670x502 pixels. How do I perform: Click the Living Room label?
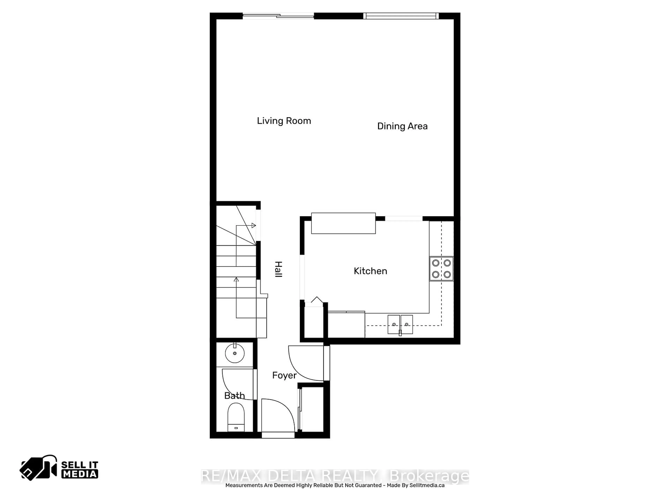pos(284,121)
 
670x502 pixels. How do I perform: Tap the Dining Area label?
pos(402,126)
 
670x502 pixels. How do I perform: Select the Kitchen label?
pos(370,271)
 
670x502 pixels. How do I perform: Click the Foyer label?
pos(284,375)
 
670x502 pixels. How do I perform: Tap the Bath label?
pos(234,395)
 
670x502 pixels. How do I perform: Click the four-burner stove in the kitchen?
pos(441,269)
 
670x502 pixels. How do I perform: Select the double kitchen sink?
pos(400,324)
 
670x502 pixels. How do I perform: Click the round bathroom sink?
pos(235,353)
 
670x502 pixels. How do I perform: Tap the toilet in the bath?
pos(236,417)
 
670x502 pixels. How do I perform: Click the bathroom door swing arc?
pos(236,384)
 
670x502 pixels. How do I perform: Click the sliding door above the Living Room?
pos(278,16)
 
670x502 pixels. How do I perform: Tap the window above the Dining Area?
pos(401,16)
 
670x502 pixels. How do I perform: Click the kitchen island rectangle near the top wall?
pos(343,223)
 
